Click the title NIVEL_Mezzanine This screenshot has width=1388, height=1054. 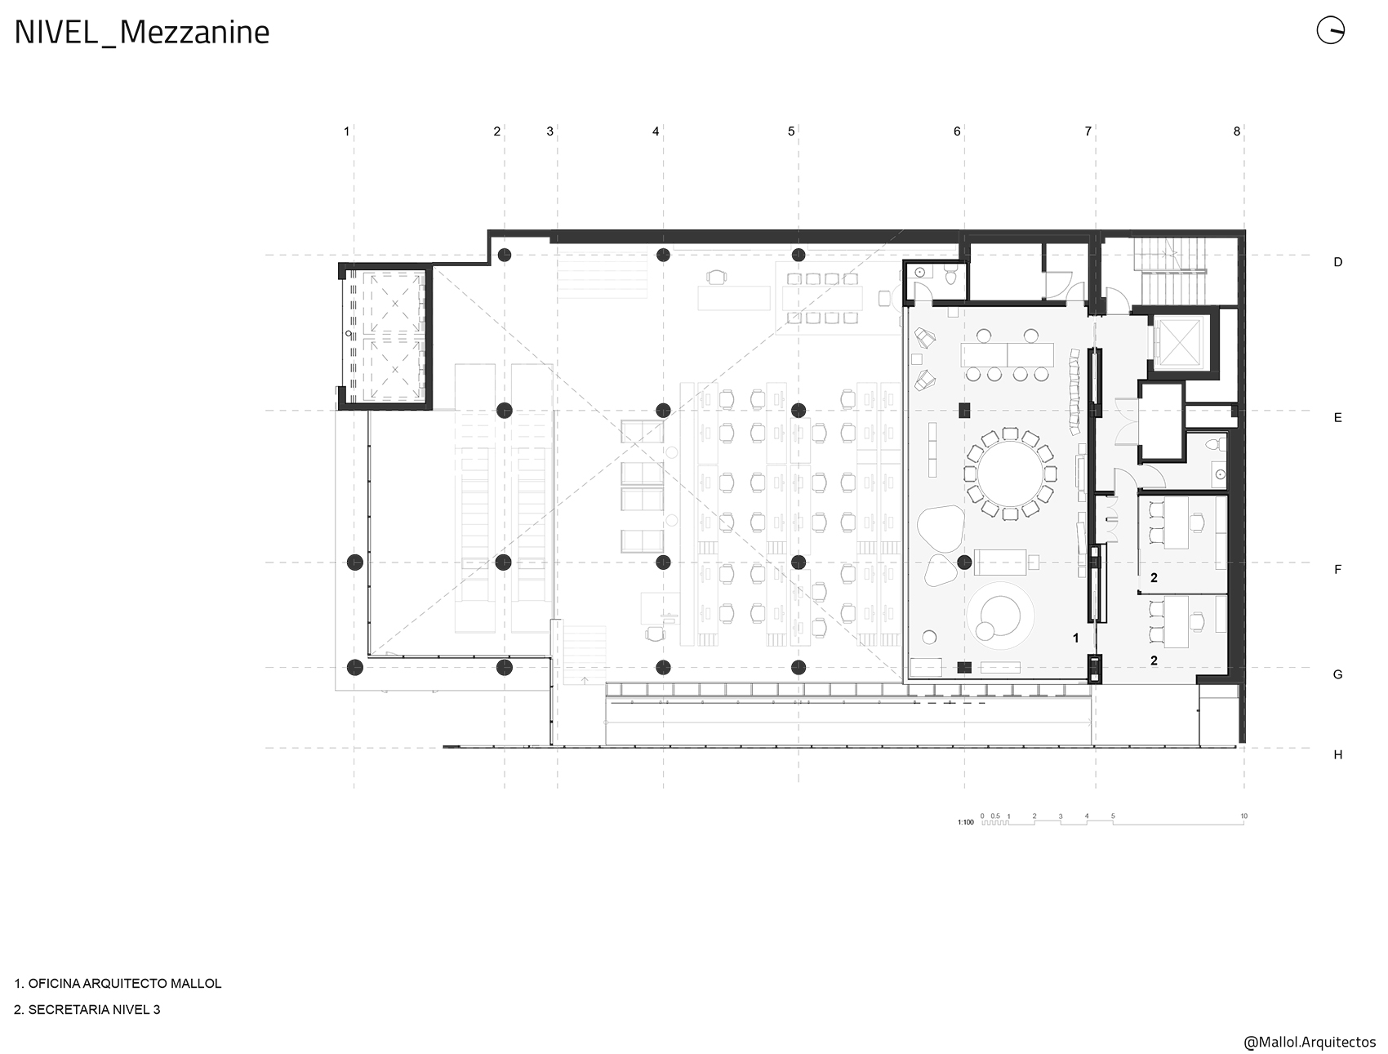pos(142,33)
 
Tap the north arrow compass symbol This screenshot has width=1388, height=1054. pos(1330,30)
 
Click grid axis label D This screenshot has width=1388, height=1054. pos(1337,262)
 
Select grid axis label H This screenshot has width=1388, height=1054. pos(1337,755)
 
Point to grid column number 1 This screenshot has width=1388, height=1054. pos(347,131)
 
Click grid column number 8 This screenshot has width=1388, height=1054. pos(1237,131)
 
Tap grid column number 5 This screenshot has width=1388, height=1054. pos(791,131)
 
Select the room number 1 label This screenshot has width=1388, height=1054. pos(1075,638)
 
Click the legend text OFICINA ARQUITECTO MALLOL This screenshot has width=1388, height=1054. pos(125,984)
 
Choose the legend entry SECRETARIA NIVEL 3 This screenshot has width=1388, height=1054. pos(94,1010)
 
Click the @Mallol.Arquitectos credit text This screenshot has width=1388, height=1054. pos(1310,1043)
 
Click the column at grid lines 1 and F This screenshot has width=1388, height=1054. pos(354,562)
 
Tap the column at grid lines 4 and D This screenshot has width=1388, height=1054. pos(663,255)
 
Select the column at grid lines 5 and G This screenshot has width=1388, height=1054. pos(799,668)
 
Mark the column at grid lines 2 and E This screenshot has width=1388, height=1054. pos(504,410)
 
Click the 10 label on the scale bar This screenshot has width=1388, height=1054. pos(1243,816)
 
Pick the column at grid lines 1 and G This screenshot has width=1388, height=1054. pos(354,668)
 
